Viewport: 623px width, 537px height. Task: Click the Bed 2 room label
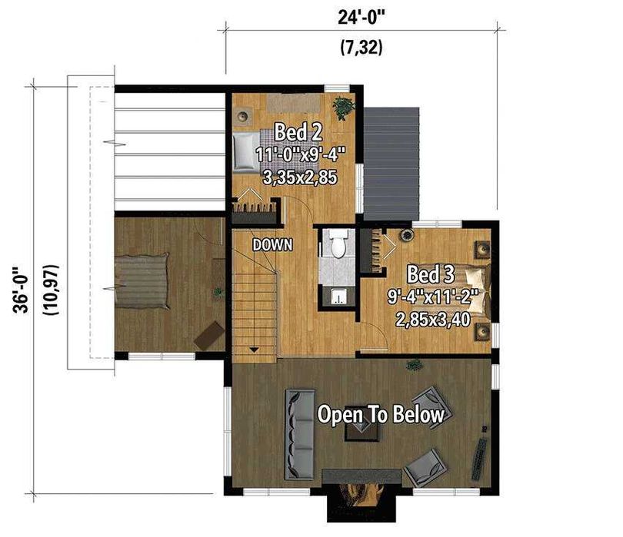(298, 132)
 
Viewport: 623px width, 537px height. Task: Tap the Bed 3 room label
(430, 274)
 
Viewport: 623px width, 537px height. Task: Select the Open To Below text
(381, 415)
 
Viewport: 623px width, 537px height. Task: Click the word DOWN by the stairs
(272, 245)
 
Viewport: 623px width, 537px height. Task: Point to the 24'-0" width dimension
(361, 18)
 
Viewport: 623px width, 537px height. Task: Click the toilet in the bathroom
(338, 244)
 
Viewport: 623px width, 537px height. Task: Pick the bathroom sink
(338, 297)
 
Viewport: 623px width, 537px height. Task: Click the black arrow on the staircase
(254, 350)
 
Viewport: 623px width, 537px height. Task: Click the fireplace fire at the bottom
(361, 495)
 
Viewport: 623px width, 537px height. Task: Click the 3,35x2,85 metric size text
(300, 177)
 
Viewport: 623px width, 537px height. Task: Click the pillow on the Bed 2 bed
(243, 151)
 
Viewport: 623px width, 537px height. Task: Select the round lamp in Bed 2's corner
(242, 117)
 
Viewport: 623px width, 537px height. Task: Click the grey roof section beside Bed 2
(391, 164)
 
